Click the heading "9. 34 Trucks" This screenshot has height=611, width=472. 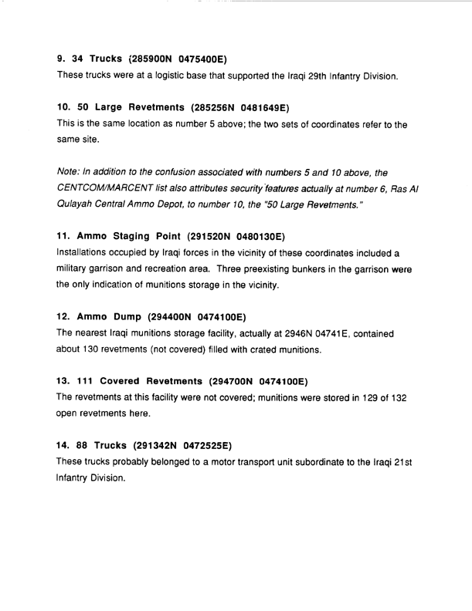[x=91, y=58]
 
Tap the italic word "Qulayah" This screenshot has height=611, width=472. [x=80, y=210]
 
